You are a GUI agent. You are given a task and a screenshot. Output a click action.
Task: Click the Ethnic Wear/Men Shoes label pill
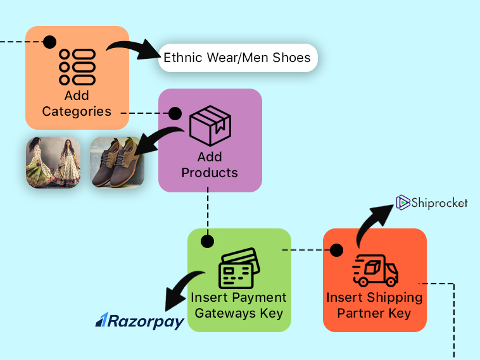coord(237,58)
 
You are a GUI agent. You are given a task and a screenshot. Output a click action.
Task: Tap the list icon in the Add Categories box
coord(77,67)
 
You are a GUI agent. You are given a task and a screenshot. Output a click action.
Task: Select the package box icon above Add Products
coord(210,127)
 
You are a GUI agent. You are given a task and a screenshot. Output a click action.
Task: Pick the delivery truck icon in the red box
coord(375,271)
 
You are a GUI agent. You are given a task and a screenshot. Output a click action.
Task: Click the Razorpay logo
coord(139,321)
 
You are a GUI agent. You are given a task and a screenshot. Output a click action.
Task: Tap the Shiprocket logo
coord(432,202)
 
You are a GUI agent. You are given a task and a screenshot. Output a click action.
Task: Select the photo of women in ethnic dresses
coord(53,163)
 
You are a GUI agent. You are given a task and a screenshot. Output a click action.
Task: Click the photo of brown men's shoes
coord(117,163)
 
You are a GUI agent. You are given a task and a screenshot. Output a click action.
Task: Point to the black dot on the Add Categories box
coord(49,42)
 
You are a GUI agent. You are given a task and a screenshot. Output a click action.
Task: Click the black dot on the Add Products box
coord(175,114)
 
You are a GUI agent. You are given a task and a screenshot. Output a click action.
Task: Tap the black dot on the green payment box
coord(207,242)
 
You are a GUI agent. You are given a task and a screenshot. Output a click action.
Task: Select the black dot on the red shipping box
coord(337,250)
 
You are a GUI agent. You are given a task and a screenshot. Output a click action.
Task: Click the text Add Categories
coord(77,104)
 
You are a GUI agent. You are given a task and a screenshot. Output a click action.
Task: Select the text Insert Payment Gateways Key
coord(239,305)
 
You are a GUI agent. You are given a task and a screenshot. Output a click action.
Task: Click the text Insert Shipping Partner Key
coord(374,305)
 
